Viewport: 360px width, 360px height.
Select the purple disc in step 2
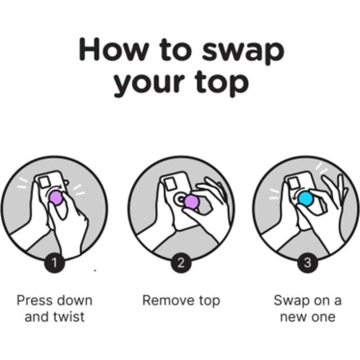point(192,202)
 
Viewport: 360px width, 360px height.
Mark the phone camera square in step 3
point(295,182)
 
